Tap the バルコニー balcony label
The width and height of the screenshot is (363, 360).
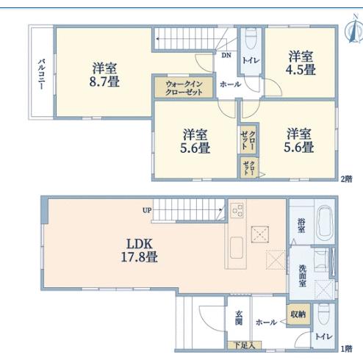41,74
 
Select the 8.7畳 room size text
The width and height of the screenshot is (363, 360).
104,82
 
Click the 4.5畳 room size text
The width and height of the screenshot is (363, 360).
301,70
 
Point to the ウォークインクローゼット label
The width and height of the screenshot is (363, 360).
184,88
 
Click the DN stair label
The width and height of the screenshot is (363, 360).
226,55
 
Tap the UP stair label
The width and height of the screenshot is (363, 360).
147,210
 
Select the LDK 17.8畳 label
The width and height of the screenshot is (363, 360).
140,251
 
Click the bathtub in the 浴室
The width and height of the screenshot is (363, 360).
324,222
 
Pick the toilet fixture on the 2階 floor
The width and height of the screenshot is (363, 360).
251,39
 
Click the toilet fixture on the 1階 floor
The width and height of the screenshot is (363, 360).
324,314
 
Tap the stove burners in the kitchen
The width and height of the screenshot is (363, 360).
237,210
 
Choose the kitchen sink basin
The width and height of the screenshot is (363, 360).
237,248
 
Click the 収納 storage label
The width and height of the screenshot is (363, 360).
298,314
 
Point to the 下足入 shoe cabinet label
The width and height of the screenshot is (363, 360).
245,345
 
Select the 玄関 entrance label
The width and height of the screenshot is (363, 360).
239,317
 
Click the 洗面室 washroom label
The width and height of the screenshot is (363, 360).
302,276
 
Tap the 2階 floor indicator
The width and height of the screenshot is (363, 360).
347,179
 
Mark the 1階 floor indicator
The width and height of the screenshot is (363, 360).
347,348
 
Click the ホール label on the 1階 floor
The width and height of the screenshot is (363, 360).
266,323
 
